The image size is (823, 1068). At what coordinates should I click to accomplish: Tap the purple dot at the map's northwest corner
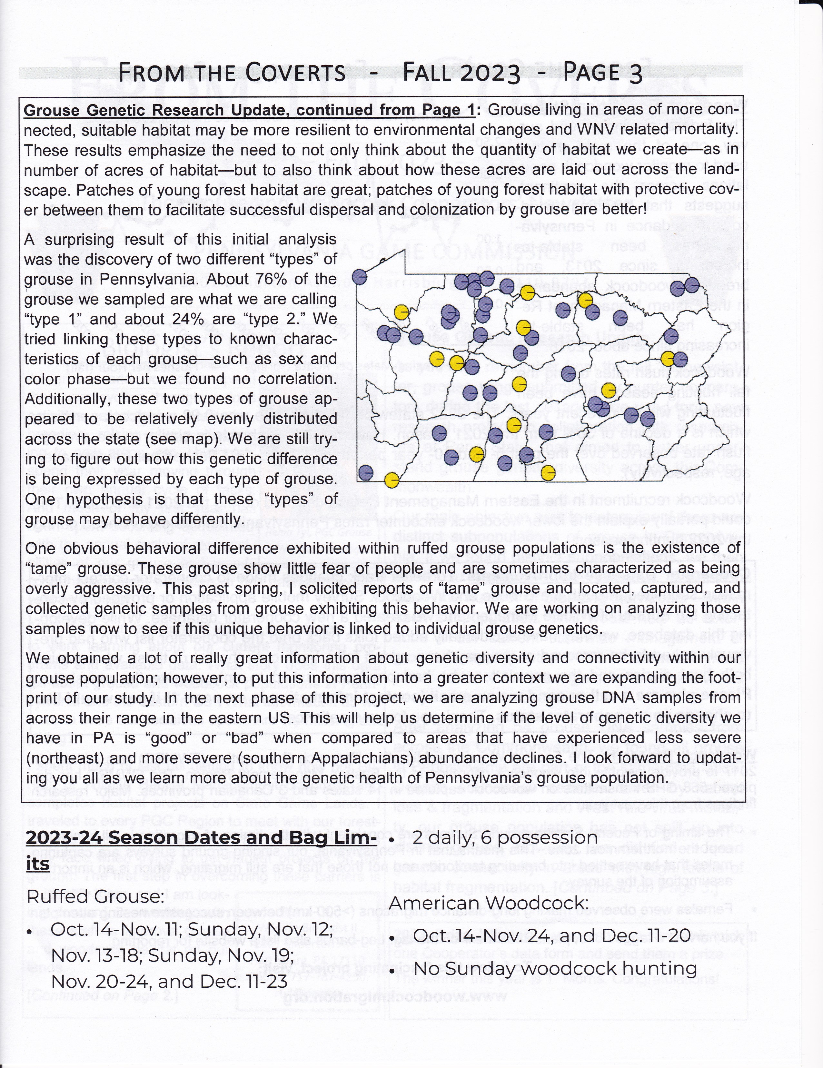tap(360, 277)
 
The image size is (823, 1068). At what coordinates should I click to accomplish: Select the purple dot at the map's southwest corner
tap(366, 472)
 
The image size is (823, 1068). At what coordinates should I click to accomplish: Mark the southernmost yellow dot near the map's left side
tap(391, 480)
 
